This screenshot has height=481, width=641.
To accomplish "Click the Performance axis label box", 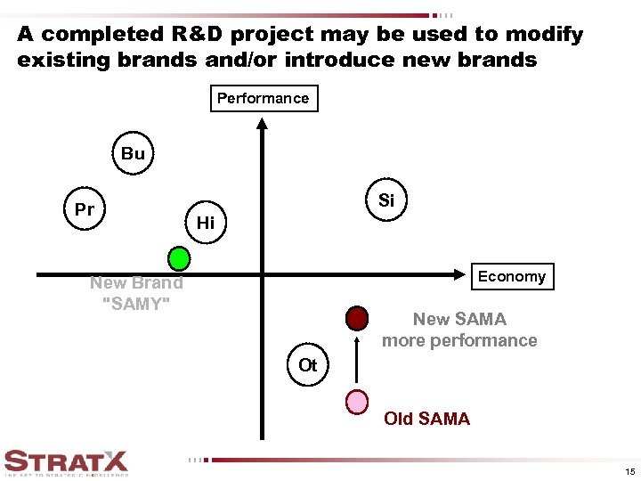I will (264, 98).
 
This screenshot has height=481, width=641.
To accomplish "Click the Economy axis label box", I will (511, 276).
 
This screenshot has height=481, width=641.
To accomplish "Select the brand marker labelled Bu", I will (133, 153).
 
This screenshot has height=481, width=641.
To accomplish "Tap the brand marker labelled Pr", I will (85, 210).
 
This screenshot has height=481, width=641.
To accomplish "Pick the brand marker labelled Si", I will (385, 200).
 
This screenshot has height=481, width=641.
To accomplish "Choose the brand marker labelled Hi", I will (206, 223).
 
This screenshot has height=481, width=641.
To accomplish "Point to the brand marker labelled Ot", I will (308, 365).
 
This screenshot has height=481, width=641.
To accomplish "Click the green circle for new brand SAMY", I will (180, 258).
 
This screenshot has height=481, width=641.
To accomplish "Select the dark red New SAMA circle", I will (357, 318).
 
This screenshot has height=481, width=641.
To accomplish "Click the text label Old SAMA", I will (426, 419).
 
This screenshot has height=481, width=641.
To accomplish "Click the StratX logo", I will (66, 461).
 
